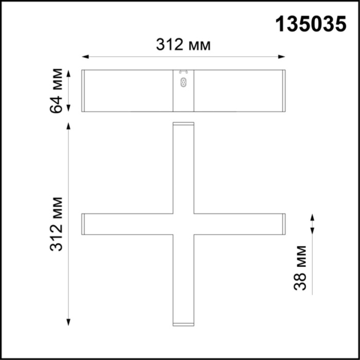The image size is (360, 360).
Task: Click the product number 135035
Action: (x=311, y=24)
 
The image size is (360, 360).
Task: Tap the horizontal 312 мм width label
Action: (x=184, y=45)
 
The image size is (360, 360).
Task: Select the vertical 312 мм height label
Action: (x=58, y=224)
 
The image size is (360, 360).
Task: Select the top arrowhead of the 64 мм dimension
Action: (x=69, y=73)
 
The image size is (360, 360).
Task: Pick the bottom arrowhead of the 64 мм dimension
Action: (x=69, y=109)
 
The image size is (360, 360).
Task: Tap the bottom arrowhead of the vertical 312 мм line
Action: (x=69, y=322)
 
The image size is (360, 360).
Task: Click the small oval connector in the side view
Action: (x=183, y=83)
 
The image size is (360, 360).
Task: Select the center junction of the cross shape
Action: (x=184, y=224)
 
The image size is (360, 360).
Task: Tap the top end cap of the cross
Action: (x=184, y=124)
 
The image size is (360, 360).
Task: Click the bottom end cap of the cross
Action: (x=184, y=324)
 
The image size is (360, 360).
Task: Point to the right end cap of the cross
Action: (x=283, y=224)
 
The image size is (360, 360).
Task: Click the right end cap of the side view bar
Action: (x=283, y=91)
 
